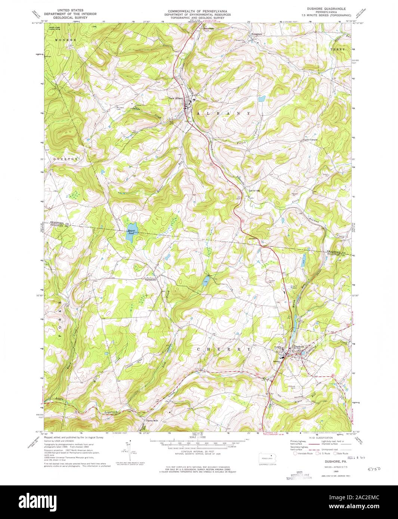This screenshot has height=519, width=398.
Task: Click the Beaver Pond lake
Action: tap(132, 230)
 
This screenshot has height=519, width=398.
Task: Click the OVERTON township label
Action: tap(66, 159)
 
